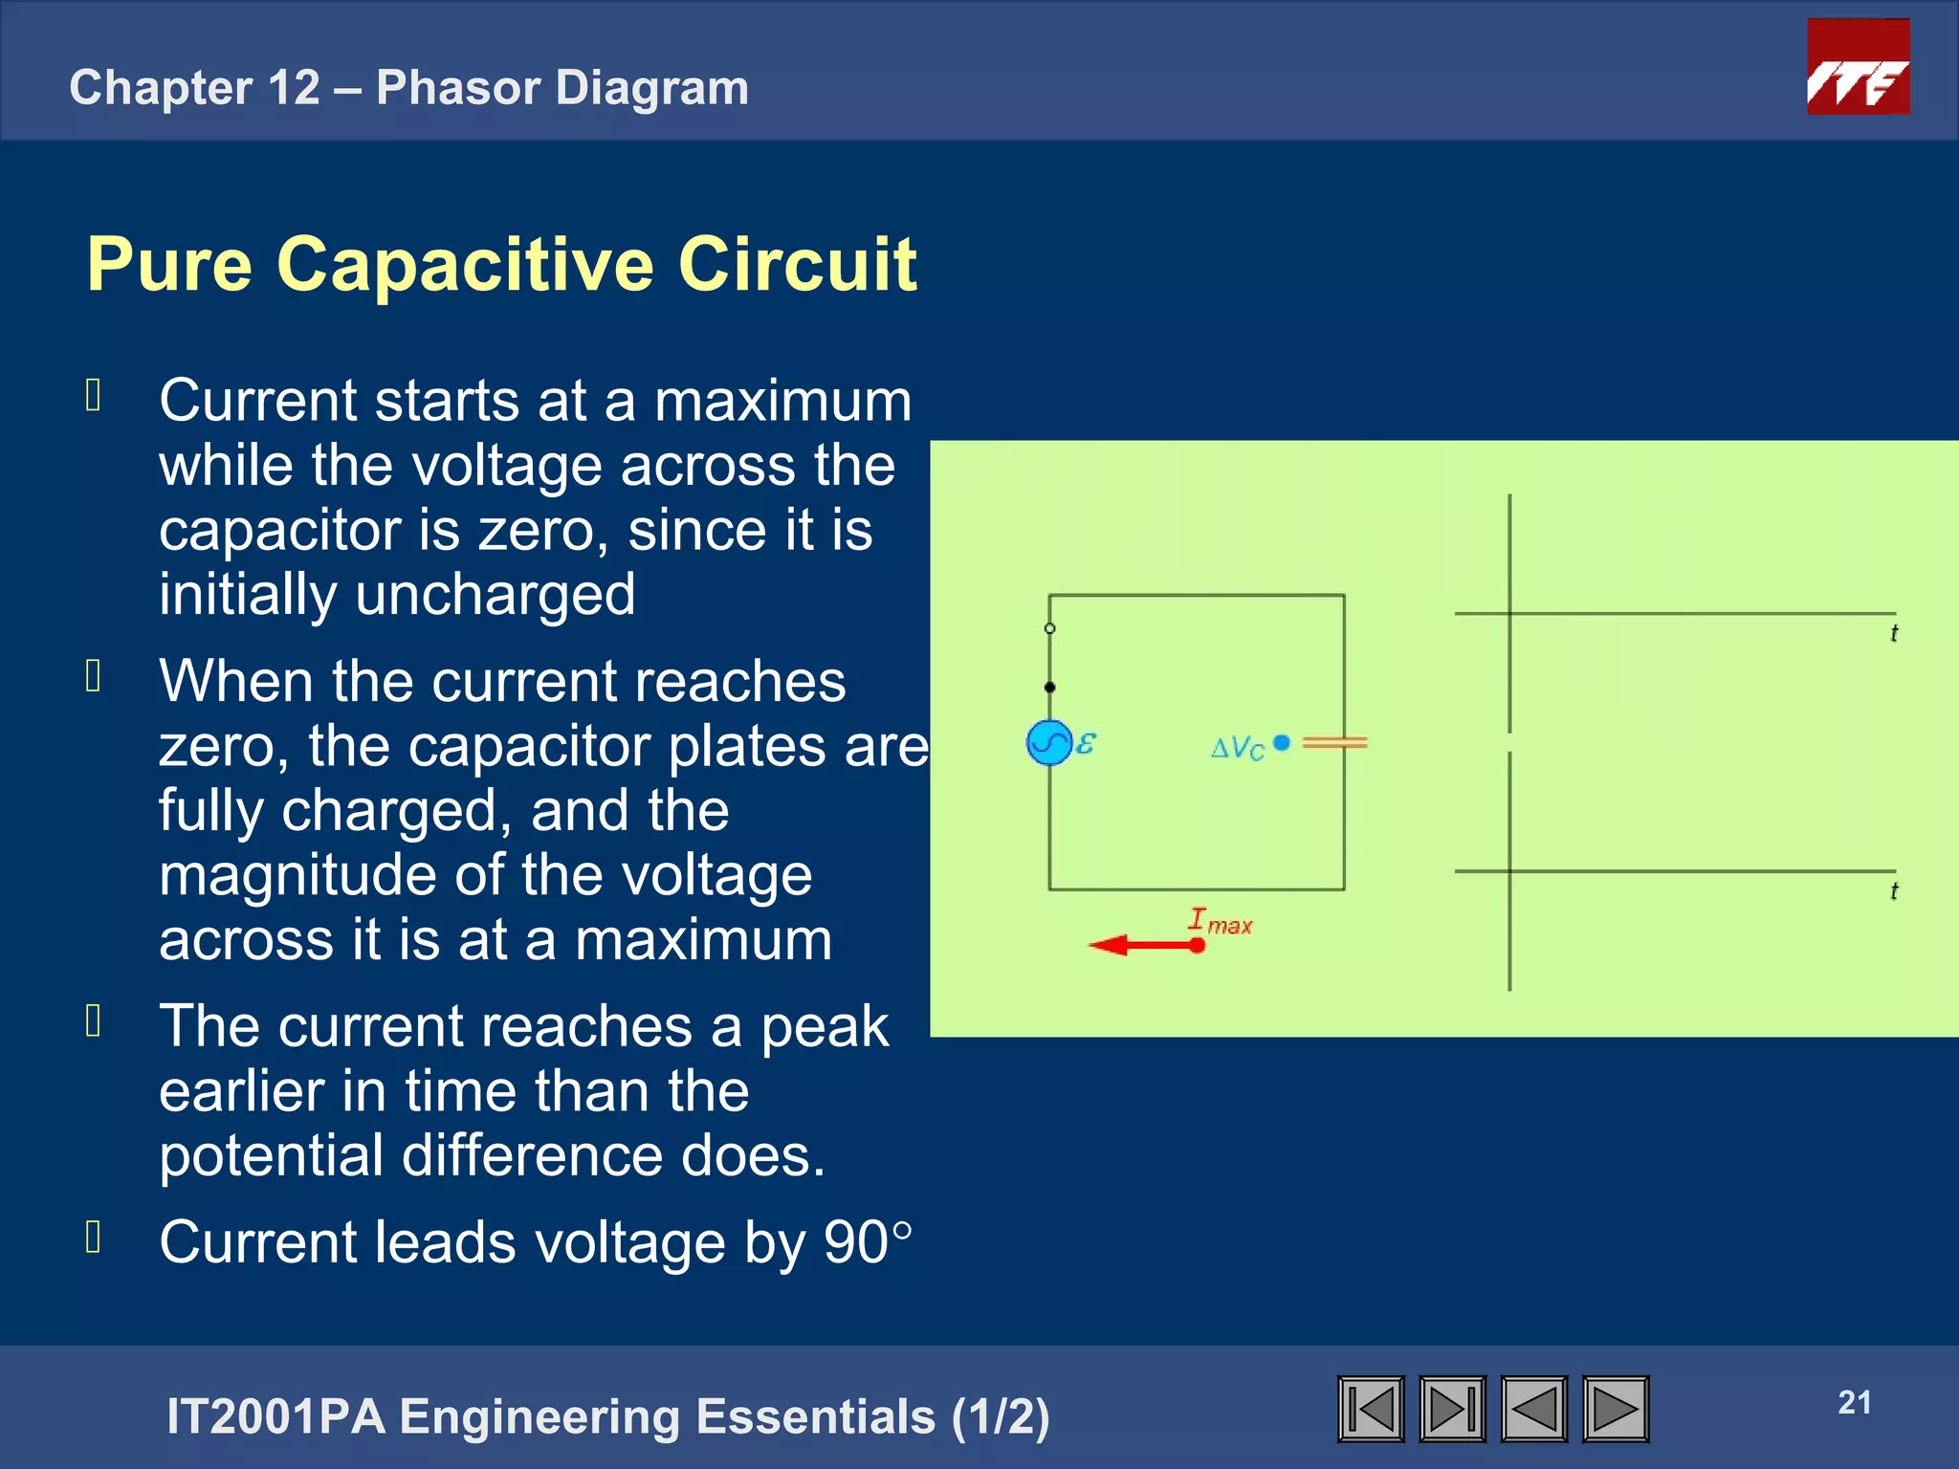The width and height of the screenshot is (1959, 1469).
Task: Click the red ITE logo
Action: pos(1858,67)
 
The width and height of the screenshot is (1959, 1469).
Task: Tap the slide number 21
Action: pos(1854,1402)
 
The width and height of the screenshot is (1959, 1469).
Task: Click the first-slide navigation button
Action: pos(1371,1409)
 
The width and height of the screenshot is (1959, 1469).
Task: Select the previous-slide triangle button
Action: pos(1534,1409)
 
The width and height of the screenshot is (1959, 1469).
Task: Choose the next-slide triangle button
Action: pos(1616,1409)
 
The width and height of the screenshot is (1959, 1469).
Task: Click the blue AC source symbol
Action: pos(1048,742)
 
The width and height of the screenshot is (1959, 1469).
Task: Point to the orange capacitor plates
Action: pos(1334,742)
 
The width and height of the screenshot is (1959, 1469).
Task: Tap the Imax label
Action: pos(1220,921)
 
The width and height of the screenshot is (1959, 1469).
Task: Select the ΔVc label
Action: pos(1238,747)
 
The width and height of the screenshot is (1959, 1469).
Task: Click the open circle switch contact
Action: pos(1049,628)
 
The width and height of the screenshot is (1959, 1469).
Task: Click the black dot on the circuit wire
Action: pos(1049,687)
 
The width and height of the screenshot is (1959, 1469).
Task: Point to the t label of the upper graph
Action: pos(1894,633)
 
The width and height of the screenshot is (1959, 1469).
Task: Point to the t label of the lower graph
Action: pos(1894,891)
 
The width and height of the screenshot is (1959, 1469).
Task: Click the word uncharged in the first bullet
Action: pos(495,595)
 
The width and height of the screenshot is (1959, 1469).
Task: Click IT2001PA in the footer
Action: pos(275,1416)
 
